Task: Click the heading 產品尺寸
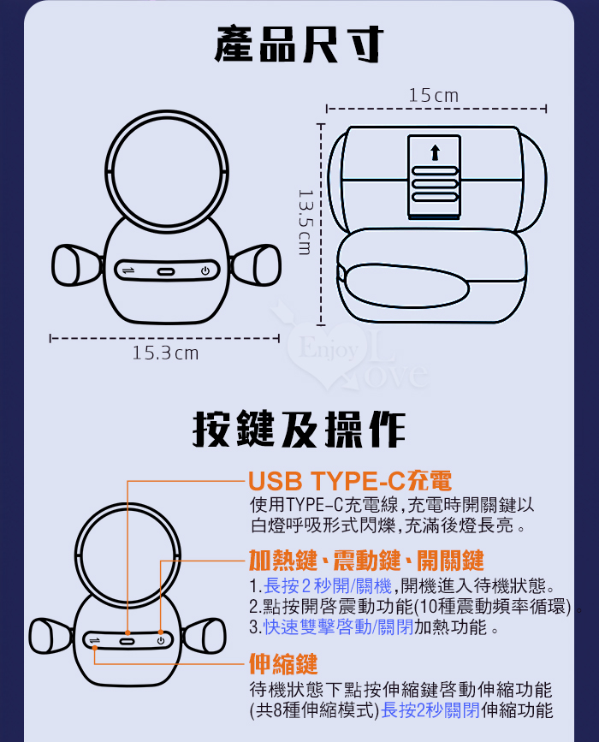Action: coord(298,45)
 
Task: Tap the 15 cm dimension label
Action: coord(433,96)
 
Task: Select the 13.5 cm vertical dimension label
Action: coord(305,223)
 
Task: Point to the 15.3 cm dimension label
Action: coord(165,353)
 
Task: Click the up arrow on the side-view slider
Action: coord(435,152)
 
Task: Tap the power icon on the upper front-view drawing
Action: coord(205,270)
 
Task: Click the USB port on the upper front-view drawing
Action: coord(166,271)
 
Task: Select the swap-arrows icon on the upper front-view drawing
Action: coord(128,270)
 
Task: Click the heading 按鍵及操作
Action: coord(299,430)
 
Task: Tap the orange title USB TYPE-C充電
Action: coord(350,481)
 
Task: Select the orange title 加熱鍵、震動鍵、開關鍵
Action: coord(366,561)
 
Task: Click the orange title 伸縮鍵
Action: coord(283,664)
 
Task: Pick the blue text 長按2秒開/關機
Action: coord(328,586)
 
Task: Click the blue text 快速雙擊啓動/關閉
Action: coord(338,627)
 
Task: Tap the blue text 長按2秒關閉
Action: coord(430,709)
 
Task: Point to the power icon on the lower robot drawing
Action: coord(161,641)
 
